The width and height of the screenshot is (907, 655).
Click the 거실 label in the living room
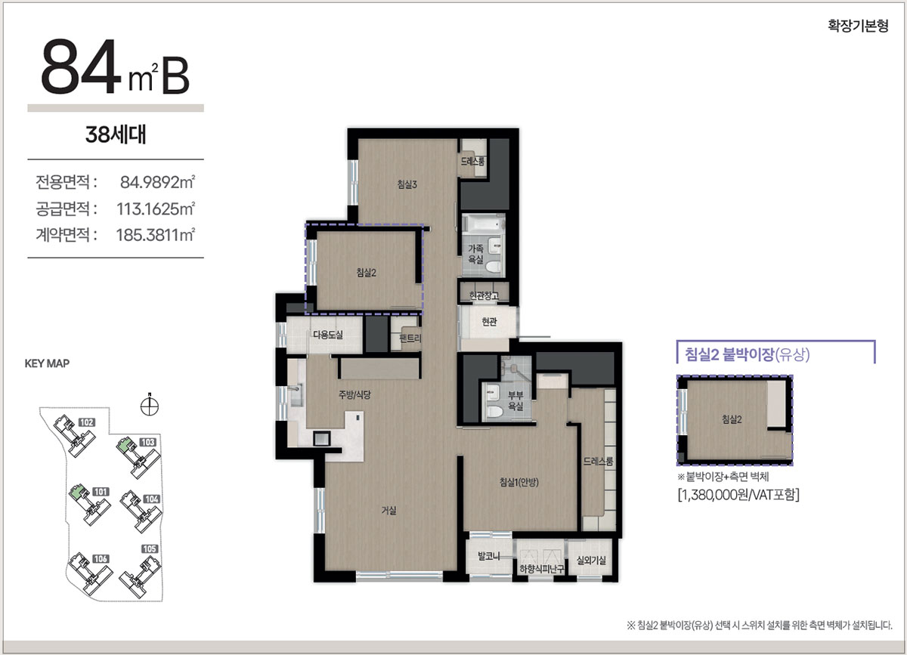(x=388, y=511)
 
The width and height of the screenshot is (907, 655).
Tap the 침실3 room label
(x=407, y=184)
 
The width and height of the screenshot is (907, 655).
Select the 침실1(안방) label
(x=519, y=482)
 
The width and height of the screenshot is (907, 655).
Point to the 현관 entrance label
(x=489, y=322)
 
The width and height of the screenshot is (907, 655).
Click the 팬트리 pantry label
(x=410, y=338)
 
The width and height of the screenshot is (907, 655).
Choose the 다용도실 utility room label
(x=328, y=335)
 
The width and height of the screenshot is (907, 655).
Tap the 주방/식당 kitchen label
(x=354, y=394)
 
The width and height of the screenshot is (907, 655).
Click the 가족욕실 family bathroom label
(x=475, y=254)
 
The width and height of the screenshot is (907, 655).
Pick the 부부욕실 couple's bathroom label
(x=515, y=400)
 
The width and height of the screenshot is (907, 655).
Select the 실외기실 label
(x=591, y=561)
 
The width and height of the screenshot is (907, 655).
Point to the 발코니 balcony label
(x=489, y=556)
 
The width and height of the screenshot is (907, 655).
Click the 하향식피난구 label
(x=542, y=569)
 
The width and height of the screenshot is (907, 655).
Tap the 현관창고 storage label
(x=484, y=295)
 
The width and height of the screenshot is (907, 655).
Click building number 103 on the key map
(x=148, y=443)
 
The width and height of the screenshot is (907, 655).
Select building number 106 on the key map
(x=101, y=559)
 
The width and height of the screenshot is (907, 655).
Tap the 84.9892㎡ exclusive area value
(x=157, y=182)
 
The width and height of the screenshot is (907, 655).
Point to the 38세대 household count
(x=116, y=134)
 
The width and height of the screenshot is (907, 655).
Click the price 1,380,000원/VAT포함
(x=738, y=495)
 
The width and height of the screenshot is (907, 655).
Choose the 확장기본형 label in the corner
(x=858, y=26)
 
